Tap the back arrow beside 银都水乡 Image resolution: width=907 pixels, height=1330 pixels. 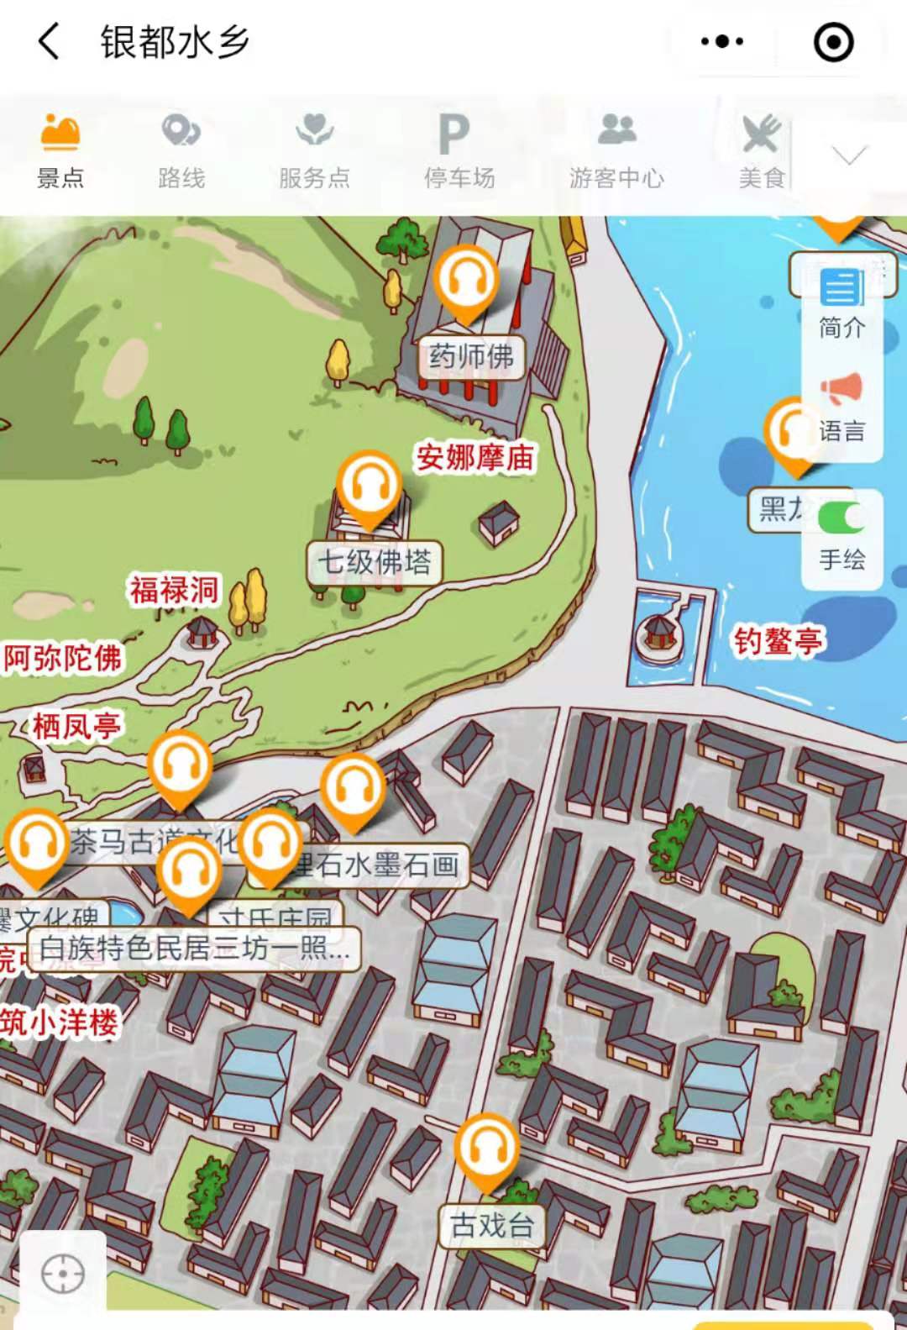click(50, 41)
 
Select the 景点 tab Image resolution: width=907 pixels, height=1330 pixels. click(60, 151)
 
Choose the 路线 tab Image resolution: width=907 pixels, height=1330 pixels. click(181, 151)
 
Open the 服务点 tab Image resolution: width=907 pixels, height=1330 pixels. click(314, 151)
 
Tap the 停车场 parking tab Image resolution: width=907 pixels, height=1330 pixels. click(459, 151)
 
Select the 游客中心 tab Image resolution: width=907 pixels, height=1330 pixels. click(616, 151)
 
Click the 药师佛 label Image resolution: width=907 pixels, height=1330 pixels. click(471, 356)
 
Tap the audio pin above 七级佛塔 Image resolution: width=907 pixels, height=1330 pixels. click(368, 486)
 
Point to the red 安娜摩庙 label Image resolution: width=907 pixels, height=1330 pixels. click(475, 458)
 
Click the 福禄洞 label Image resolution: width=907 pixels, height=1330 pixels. click(174, 590)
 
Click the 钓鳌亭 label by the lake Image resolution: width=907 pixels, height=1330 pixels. click(779, 642)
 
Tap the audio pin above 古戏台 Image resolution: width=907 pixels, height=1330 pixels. click(486, 1148)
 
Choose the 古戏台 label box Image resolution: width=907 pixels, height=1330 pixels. click(492, 1225)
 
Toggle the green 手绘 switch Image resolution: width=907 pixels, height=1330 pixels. click(841, 518)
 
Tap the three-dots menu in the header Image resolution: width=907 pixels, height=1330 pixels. click(721, 41)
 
